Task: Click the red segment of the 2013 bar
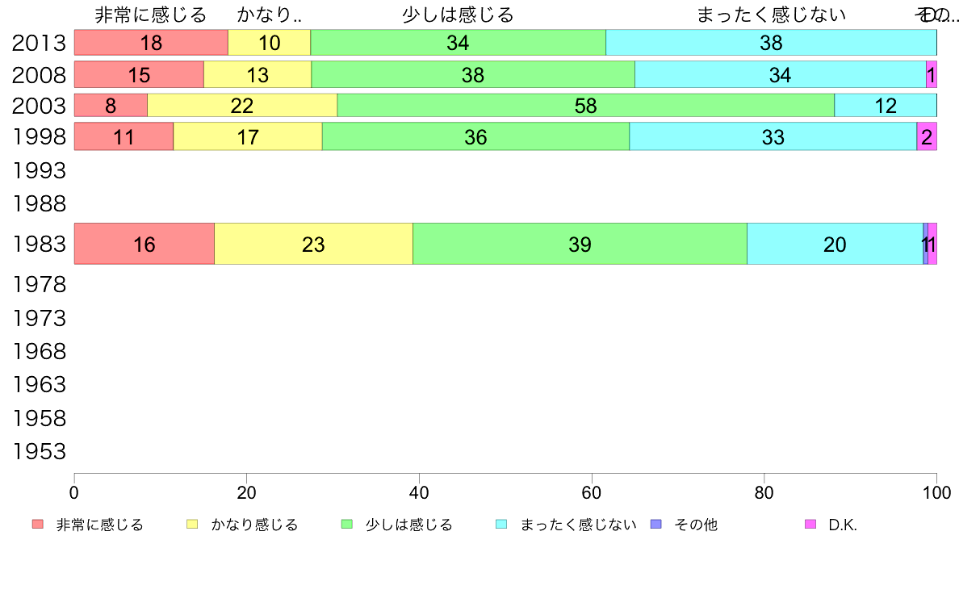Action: pyautogui.click(x=151, y=43)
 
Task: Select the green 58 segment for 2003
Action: pyautogui.click(x=585, y=106)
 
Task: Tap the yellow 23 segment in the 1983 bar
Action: pyautogui.click(x=313, y=244)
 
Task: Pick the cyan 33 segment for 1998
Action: pyautogui.click(x=773, y=137)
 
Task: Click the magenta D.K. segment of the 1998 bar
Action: pyautogui.click(x=927, y=137)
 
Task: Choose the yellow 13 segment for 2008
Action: pyautogui.click(x=257, y=75)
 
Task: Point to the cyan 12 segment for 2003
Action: pyautogui.click(x=885, y=106)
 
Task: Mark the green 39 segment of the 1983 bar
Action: pyautogui.click(x=580, y=244)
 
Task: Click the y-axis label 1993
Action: pyautogui.click(x=39, y=170)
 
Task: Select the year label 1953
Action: pyautogui.click(x=39, y=451)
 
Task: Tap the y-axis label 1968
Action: pyautogui.click(x=39, y=351)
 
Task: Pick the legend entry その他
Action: pyautogui.click(x=695, y=525)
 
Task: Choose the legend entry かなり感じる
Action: pyautogui.click(x=254, y=525)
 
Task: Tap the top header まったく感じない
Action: pyautogui.click(x=771, y=15)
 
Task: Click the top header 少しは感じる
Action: pyautogui.click(x=458, y=15)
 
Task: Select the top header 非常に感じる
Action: pyautogui.click(x=151, y=15)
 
